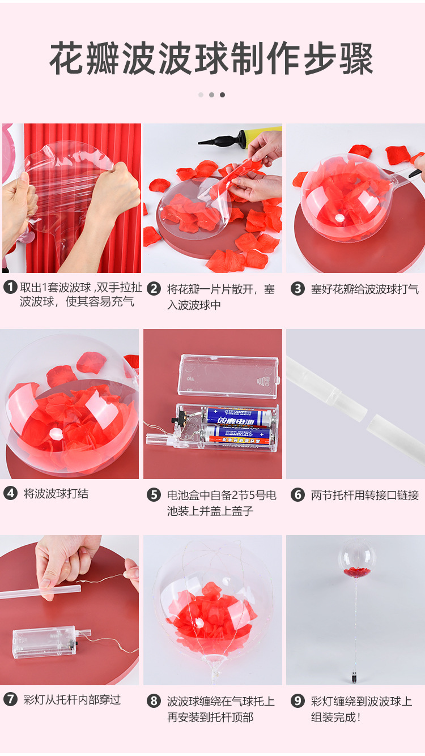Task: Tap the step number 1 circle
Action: pyautogui.click(x=10, y=288)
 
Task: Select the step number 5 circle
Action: pyautogui.click(x=154, y=495)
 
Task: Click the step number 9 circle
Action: pyautogui.click(x=297, y=701)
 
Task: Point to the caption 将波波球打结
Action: pyautogui.click(x=56, y=493)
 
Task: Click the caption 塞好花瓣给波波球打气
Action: pyautogui.click(x=364, y=289)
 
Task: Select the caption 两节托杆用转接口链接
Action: pyautogui.click(x=364, y=495)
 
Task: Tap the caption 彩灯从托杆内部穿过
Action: pyautogui.click(x=72, y=699)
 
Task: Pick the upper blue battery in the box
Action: pyautogui.click(x=239, y=417)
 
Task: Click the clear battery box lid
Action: pyautogui.click(x=228, y=375)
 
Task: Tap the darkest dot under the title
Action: pyautogui.click(x=222, y=95)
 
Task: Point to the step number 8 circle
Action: pyautogui.click(x=154, y=701)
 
